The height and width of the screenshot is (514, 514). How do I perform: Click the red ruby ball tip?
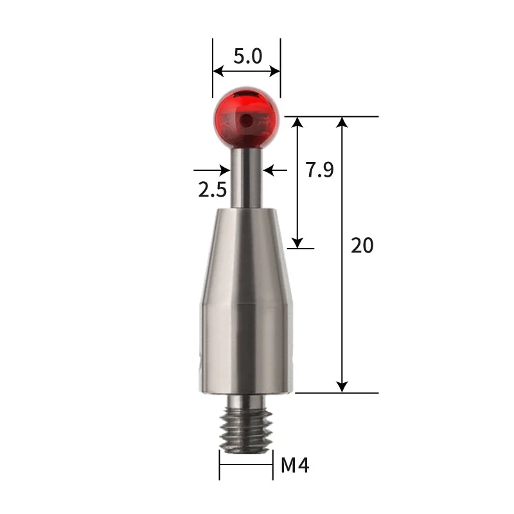tap(246, 116)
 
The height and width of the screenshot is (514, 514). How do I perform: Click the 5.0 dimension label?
tap(247, 57)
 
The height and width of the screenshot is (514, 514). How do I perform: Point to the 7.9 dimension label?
tap(319, 170)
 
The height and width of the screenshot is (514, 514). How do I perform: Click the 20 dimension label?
tap(362, 245)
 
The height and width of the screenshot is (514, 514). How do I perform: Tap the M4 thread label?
tap(295, 465)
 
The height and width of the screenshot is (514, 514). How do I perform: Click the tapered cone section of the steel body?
tap(246, 257)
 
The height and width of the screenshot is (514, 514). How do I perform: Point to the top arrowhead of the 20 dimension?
tap(342, 123)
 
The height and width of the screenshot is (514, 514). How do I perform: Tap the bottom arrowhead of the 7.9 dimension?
tap(297, 242)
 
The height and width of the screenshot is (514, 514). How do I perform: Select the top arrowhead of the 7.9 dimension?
tap(297, 123)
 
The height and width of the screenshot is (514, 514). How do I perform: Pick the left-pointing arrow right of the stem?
tap(268, 170)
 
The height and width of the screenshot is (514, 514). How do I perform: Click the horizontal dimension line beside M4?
tap(246, 465)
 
